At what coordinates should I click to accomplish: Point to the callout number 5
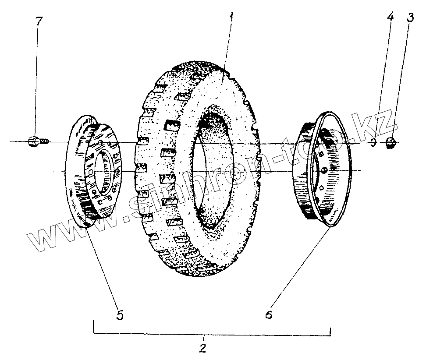120,314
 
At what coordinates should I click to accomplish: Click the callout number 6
269,314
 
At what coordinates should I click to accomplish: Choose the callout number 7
39,21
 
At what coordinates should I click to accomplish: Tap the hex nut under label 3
391,142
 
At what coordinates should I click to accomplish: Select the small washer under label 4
373,143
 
